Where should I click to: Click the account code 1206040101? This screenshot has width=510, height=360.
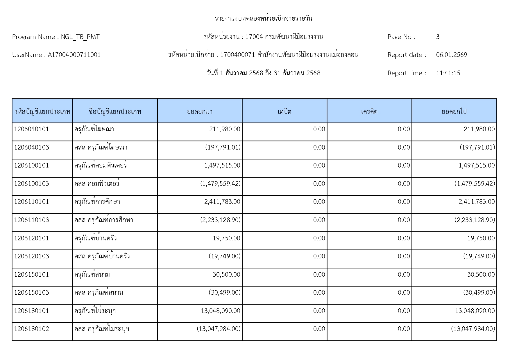pos(31,129)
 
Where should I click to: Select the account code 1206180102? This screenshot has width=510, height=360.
pos(31,329)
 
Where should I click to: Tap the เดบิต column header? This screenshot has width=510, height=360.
pos(284,111)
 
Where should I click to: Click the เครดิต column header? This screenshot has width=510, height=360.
pos(369,111)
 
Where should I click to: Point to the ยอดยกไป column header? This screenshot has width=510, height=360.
pos(454,111)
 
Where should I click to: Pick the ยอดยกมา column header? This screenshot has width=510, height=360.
pos(200,111)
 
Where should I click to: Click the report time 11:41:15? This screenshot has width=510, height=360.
pos(448,73)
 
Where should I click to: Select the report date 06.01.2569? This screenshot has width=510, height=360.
pos(451,55)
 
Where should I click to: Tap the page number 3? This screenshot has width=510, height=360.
pos(438,37)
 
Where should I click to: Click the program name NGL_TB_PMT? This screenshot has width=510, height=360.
pos(80,37)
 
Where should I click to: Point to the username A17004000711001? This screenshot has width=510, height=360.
pos(74,55)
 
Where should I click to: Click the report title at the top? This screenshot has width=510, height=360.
pos(263,19)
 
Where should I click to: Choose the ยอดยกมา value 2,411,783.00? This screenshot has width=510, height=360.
pos(222,202)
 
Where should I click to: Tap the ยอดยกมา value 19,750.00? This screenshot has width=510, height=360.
pos(226,238)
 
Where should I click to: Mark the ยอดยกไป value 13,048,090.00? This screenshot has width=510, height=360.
pos(475,311)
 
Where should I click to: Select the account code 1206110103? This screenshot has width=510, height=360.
pos(31,220)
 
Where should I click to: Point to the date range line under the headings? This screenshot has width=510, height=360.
pos(263,73)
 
